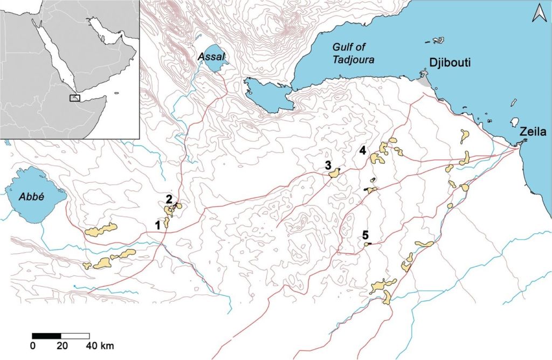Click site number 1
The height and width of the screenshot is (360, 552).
point(158,225)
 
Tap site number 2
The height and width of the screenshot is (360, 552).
point(169,199)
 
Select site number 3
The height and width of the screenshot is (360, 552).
point(327,165)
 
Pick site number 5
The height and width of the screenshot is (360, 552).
point(365,235)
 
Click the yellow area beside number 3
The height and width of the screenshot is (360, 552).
point(334,173)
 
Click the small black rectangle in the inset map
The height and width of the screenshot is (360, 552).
point(75,98)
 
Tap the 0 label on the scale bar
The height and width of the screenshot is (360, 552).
point(33,345)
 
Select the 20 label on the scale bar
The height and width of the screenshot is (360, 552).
point(61,345)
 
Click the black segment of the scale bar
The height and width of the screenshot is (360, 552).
point(46,336)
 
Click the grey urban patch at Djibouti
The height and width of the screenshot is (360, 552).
point(425,82)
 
